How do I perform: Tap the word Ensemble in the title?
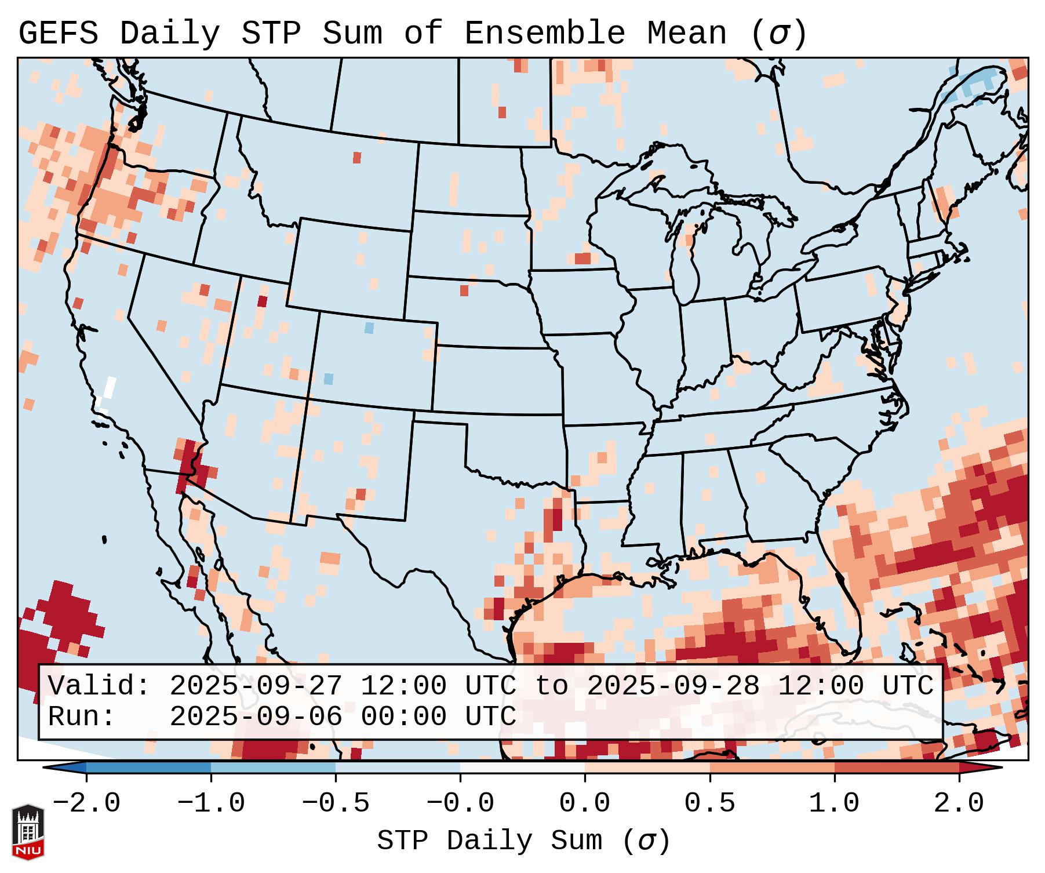(x=544, y=34)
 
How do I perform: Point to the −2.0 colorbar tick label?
(x=86, y=803)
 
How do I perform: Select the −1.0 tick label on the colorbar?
(x=210, y=803)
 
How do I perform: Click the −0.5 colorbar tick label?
(x=335, y=803)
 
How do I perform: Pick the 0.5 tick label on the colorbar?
(x=709, y=803)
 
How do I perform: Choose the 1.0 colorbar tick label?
(x=834, y=803)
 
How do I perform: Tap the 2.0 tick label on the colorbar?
(x=959, y=803)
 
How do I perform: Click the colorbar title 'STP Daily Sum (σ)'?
(x=523, y=841)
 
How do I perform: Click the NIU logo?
(x=28, y=832)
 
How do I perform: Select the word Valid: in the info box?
(x=99, y=686)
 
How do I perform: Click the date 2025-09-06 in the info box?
(x=256, y=717)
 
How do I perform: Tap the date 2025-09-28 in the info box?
(x=673, y=686)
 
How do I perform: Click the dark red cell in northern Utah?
(x=263, y=301)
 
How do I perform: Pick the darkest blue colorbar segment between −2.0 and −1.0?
(x=148, y=767)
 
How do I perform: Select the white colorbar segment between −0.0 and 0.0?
(x=522, y=767)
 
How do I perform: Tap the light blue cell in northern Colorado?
(x=369, y=328)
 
